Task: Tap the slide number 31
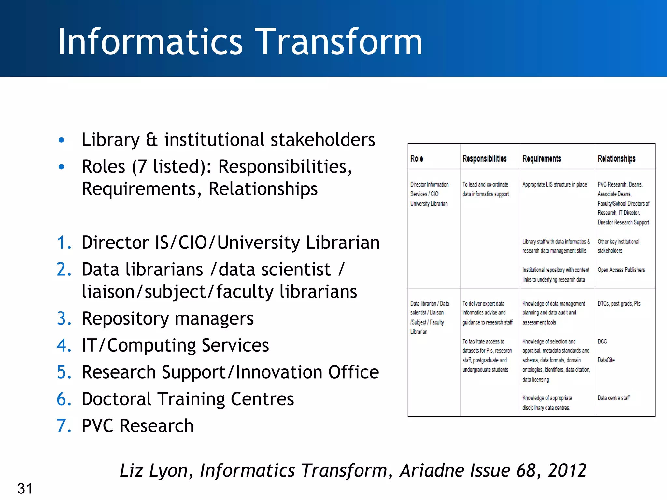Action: coord(25,488)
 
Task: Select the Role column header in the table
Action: coord(417,159)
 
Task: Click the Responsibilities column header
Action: coord(484,159)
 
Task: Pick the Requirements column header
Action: coord(542,159)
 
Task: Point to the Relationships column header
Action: coord(616,159)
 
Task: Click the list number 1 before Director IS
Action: coord(64,243)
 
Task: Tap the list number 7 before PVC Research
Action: coord(64,426)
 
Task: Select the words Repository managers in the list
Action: coord(167,318)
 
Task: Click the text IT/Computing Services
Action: coord(175,345)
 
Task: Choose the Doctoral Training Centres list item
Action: coord(188,399)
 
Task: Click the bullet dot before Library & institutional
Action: coord(61,140)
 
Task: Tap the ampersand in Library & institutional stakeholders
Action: coord(152,140)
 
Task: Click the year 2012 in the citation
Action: coord(567,470)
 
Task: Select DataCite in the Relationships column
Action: coord(606,360)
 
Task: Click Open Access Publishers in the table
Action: coord(621,270)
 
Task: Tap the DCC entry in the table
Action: coord(602,341)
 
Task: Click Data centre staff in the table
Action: coord(613,398)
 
